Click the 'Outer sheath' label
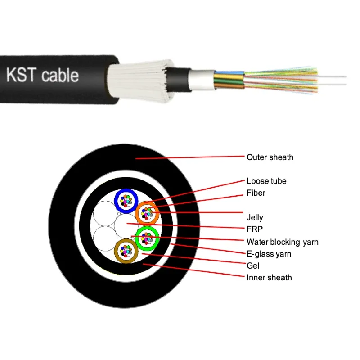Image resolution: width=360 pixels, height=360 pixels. click(270, 157)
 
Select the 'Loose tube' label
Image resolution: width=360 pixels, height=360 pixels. click(266, 181)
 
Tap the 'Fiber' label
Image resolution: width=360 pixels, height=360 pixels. click(256, 193)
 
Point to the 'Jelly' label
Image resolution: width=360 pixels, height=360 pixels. click(255, 218)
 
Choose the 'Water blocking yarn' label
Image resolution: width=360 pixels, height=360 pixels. click(282, 242)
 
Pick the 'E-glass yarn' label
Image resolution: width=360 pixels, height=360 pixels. click(269, 254)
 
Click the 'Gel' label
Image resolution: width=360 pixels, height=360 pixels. click(253, 265)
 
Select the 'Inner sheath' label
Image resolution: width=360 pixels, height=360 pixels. click(269, 277)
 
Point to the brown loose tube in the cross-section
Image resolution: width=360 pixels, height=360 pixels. click(126, 250)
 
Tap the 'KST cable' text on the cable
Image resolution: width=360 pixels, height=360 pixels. click(42, 75)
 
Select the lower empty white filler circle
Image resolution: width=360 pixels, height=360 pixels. click(103, 237)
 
